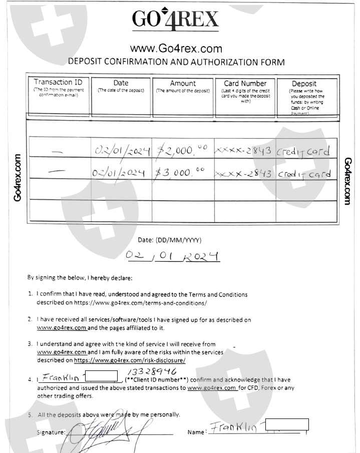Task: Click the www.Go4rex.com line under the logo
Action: [176, 49]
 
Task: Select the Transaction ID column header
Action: [58, 82]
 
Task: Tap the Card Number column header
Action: [245, 83]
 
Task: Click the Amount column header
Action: [183, 83]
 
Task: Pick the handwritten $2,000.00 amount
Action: [181, 150]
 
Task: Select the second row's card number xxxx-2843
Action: [243, 174]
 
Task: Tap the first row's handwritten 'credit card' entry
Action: [304, 151]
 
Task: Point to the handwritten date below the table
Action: [173, 256]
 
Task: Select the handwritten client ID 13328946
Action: [152, 371]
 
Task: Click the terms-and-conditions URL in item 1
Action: [141, 303]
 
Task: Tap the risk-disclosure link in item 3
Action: [130, 360]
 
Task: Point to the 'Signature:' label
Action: [51, 432]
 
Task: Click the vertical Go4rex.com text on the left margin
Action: [18, 178]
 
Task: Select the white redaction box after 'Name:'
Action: [287, 425]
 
